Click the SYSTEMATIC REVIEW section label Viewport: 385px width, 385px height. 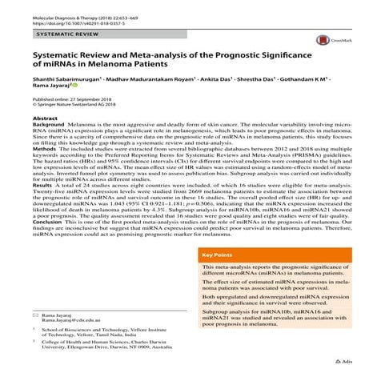[x=66, y=37]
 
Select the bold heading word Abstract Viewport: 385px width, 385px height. [x=46, y=118]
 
